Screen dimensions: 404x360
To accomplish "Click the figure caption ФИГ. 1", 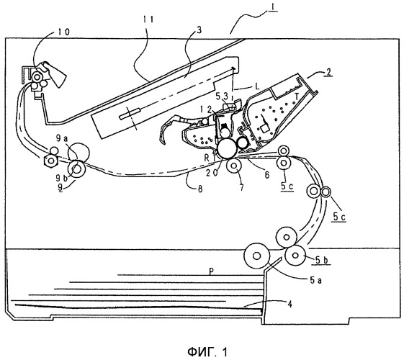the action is coord(207,352).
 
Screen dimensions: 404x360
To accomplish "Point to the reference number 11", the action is coord(147,20).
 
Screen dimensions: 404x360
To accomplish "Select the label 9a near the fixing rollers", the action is coord(62,139).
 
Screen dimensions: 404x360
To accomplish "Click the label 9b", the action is coord(62,177).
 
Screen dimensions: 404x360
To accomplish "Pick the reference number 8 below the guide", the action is coord(199,189).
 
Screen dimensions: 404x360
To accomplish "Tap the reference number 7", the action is coord(241,188).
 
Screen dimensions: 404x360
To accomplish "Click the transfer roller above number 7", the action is coord(234,166).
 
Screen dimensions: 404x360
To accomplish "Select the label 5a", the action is coord(316,280).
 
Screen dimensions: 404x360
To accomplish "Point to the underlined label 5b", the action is coord(322,260).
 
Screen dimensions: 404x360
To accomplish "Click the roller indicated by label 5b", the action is coord(295,255).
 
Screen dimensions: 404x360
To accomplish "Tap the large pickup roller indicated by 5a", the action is coord(256,256).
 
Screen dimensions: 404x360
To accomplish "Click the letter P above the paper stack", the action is coord(211,271).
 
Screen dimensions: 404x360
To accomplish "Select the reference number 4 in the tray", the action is coord(290,304).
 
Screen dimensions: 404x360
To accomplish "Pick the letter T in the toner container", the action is coord(297,96).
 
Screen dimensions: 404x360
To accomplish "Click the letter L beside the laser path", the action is coord(257,86).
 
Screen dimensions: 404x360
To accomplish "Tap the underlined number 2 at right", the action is coord(328,71).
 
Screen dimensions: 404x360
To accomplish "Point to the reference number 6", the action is coord(267,175).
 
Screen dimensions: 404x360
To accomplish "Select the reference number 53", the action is coord(222,96).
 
